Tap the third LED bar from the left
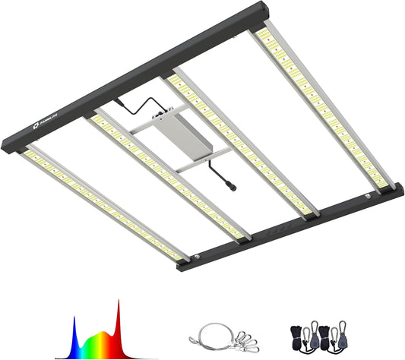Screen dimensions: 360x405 [x=243, y=144]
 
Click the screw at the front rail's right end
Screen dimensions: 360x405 [x=370, y=196]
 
